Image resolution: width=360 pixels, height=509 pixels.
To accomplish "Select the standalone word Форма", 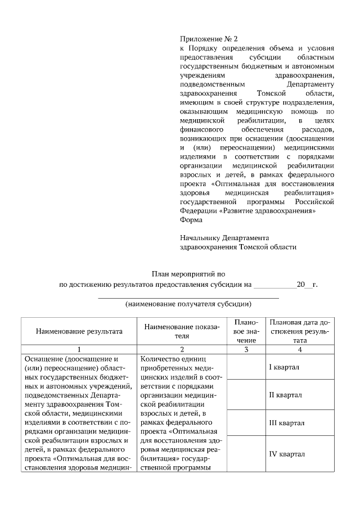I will (191, 220).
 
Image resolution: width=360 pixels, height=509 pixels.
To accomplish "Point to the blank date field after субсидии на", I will (275, 285).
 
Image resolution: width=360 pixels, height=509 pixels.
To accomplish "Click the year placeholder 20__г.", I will (307, 285).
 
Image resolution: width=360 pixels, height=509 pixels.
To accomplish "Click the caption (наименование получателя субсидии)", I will (188, 304).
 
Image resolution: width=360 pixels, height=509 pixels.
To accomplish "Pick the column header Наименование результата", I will (79, 331).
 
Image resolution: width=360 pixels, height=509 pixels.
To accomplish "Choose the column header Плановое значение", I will (246, 331).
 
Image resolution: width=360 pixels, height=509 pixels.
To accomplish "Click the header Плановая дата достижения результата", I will (300, 331).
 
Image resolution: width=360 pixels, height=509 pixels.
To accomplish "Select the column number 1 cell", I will (79, 349).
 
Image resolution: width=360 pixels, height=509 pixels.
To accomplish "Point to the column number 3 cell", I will (246, 349).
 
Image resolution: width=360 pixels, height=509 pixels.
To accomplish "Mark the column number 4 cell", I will (300, 349).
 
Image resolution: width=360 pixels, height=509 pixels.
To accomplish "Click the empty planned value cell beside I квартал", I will (246, 367).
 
